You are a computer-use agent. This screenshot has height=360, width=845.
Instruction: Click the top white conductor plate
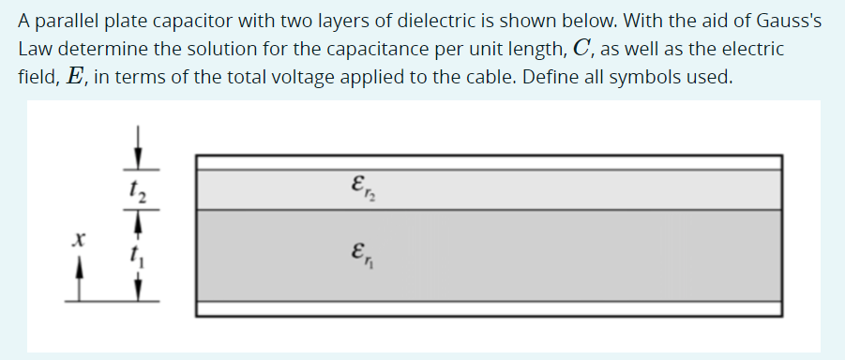488,162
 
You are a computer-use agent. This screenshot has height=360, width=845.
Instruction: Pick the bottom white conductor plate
488,308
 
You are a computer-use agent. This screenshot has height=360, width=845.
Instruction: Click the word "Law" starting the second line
34,49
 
